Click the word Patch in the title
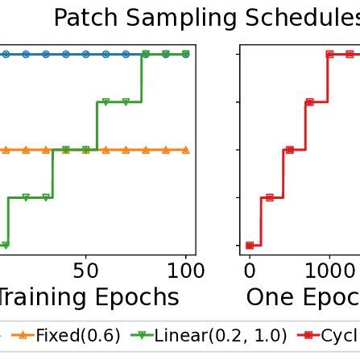coord(89,17)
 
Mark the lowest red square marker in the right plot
coord(250,245)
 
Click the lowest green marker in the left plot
coord(5,245)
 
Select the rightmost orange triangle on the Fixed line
coord(186,150)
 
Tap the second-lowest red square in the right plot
coord(270,197)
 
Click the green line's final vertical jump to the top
coord(143,78)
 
